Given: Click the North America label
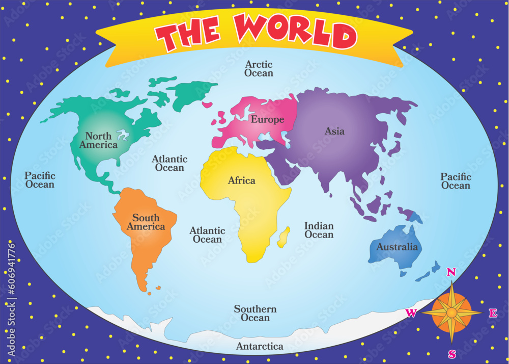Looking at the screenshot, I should click(x=98, y=140).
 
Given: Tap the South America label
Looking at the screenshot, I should click(x=146, y=222).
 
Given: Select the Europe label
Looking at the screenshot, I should click(x=267, y=120).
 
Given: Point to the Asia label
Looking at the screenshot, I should click(x=334, y=131).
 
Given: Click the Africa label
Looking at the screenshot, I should click(x=242, y=180).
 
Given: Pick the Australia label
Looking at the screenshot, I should click(x=397, y=247).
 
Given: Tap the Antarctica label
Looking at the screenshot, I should click(x=260, y=347).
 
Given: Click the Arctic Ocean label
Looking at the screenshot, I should click(x=259, y=69).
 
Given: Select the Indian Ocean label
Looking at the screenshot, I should click(x=319, y=230).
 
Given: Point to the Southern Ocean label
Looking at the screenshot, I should click(x=255, y=314).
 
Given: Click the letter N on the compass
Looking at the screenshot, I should click(x=451, y=272).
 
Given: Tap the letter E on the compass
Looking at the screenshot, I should click(x=493, y=314).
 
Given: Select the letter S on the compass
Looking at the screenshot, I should click(x=452, y=354).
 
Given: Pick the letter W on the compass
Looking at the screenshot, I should click(x=411, y=313).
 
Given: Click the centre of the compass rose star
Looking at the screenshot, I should click(x=451, y=312).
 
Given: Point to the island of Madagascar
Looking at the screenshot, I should click(x=284, y=237).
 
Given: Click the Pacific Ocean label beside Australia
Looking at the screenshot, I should click(x=456, y=181).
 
